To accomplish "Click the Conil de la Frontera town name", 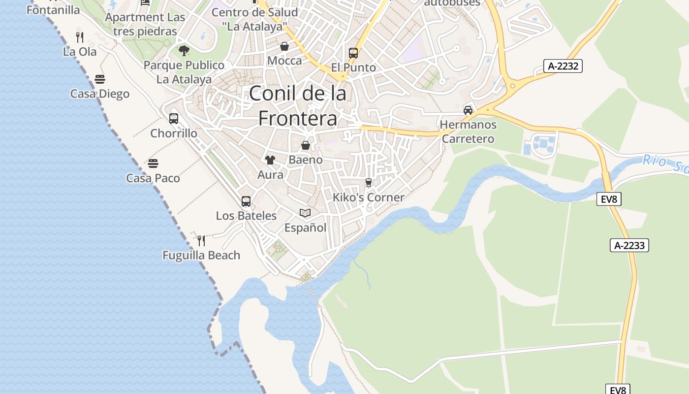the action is (298, 106).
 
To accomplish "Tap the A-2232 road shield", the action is (563, 66).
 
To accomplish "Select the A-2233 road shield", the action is (629, 245).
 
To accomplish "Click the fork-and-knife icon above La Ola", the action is (80, 37).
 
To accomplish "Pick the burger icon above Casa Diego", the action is (100, 79).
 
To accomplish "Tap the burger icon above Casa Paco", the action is (153, 164).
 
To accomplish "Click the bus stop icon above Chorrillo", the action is (174, 119).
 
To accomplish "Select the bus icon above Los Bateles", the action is (246, 201).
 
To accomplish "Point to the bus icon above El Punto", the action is (353, 53).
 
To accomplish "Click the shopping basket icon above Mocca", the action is (284, 47).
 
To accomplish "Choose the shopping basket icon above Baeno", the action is (306, 145).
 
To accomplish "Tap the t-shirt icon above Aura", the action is (270, 160).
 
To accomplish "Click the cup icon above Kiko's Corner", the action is (369, 183).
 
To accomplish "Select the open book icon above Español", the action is (305, 213).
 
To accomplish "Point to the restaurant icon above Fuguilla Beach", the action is (201, 240).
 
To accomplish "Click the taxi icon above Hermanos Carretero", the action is (468, 110).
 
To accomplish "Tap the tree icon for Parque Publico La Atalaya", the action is (184, 50).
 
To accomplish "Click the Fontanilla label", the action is (53, 10).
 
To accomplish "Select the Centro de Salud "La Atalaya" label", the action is (254, 19).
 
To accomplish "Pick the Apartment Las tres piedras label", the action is (145, 24).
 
